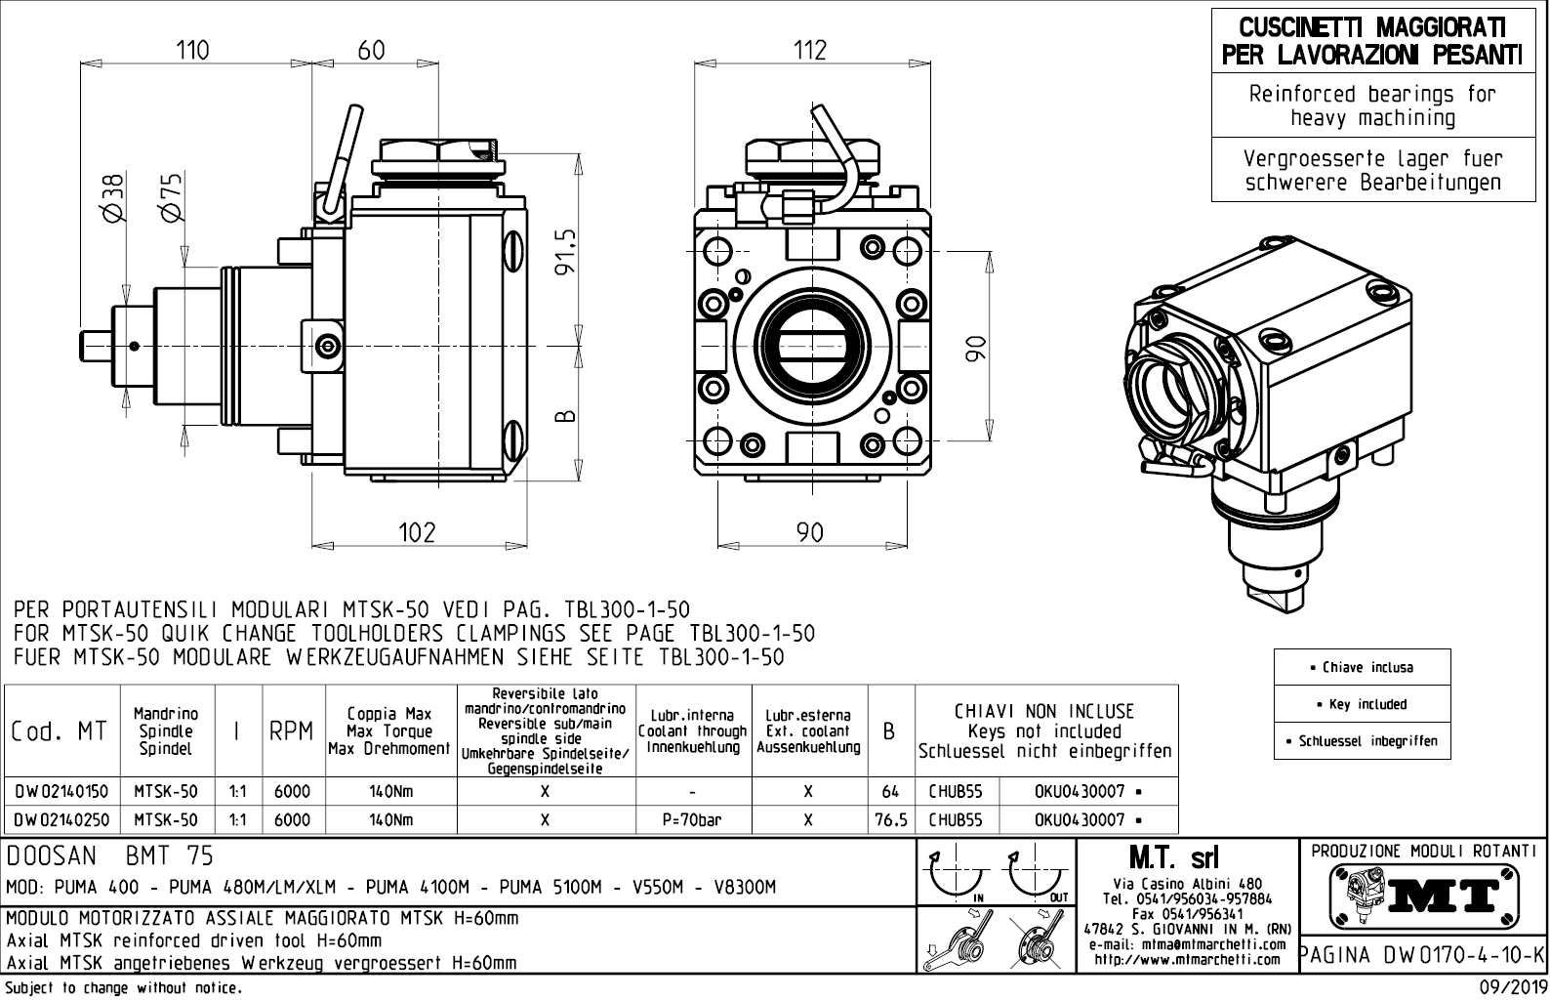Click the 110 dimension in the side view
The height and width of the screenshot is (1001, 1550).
pos(192,50)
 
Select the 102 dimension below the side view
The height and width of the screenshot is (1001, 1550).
pos(417,531)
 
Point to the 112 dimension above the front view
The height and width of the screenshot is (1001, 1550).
pos(810,50)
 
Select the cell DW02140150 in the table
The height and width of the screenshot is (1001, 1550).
pos(61,791)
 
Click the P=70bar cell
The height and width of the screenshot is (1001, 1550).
pos(692,820)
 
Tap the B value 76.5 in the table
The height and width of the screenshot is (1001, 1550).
pos(891,820)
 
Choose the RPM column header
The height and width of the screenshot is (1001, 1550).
pos(292,731)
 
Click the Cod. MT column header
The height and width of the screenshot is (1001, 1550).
pos(60,731)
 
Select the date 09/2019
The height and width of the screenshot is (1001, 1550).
pos(1512,988)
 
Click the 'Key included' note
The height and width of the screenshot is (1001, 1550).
pos(1362,704)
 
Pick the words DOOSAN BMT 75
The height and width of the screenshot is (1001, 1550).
pos(109,856)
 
